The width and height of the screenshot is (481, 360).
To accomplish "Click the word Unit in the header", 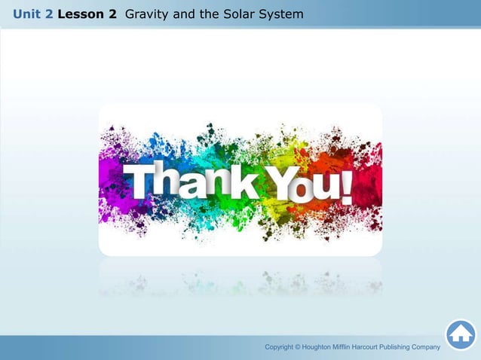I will click(x=27, y=14).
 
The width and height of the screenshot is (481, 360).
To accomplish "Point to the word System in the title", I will click(x=282, y=14).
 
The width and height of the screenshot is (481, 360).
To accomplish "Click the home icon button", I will click(x=461, y=334).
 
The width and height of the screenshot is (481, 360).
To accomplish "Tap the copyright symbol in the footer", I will click(x=297, y=346).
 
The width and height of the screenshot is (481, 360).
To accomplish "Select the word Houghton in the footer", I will click(x=320, y=346).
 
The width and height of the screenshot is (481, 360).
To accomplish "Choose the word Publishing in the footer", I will click(x=414, y=346).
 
